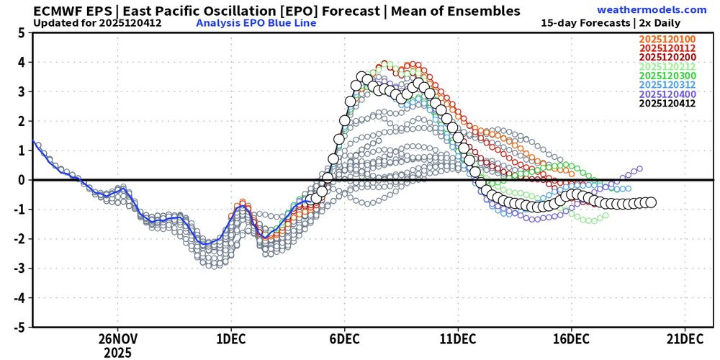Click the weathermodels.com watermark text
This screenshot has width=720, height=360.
coord(652,10)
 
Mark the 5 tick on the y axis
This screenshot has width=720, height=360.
coord(22,33)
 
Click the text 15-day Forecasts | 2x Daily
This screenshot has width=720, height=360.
coord(624,22)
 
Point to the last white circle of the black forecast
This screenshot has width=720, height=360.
coord(651,202)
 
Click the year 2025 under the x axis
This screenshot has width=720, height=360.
coord(117,353)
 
